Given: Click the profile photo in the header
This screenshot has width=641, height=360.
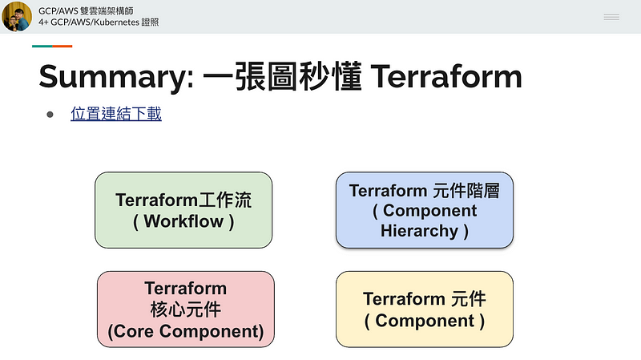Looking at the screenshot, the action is (x=17, y=16).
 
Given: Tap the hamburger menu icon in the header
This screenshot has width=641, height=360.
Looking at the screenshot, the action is (x=611, y=17).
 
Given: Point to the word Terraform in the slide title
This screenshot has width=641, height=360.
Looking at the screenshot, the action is (x=446, y=76).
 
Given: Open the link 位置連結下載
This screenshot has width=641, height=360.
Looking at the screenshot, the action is (x=116, y=114).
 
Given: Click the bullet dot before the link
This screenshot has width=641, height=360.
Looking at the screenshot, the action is (x=50, y=115).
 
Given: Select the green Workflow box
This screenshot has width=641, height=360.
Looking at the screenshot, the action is (x=183, y=210).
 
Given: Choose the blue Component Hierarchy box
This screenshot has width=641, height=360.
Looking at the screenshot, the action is (x=425, y=210).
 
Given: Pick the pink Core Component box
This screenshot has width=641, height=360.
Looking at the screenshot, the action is (x=186, y=309).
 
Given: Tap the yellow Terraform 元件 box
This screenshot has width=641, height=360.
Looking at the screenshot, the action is (x=425, y=309).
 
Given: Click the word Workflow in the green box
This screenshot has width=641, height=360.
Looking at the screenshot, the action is (x=183, y=221).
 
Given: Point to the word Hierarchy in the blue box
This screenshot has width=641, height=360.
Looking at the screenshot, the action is (x=419, y=231).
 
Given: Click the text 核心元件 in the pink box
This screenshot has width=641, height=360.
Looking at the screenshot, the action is (x=186, y=309).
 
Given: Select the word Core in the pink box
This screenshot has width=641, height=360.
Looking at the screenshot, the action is (x=134, y=331).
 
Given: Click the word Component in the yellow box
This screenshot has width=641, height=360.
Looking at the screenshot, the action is (x=425, y=321).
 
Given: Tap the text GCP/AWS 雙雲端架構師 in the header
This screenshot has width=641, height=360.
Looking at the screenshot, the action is (x=86, y=10).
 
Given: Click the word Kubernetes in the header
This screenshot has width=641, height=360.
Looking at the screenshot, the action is (x=116, y=22).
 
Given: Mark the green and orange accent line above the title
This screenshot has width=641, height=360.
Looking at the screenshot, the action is (x=52, y=47).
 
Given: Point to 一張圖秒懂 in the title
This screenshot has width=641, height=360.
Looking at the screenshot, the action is (x=283, y=76).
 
